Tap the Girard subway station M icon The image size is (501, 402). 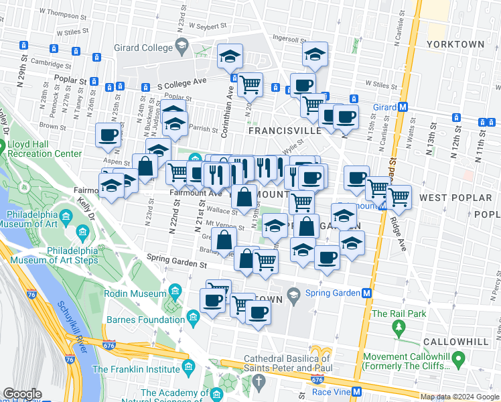tap(403, 107)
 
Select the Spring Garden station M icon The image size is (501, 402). tap(367, 293)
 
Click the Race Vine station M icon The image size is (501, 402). tap(357, 392)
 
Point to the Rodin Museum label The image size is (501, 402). tap(135, 293)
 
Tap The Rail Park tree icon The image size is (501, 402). tap(400, 328)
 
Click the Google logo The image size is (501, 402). tap(23, 394)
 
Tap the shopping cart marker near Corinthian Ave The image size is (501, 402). tap(250, 84)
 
